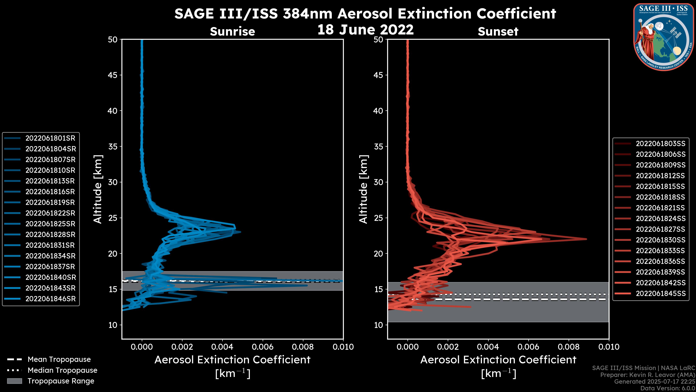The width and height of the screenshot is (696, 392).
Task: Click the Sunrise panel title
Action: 232,31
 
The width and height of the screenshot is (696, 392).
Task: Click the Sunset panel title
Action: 498,31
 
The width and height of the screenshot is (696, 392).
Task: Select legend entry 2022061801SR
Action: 50,138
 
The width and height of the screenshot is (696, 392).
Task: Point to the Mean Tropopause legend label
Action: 59,360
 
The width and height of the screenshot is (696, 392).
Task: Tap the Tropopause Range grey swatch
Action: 14,381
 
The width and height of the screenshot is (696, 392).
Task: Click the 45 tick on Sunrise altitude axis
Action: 113,75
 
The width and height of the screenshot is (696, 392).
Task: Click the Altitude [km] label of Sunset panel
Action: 363,189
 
